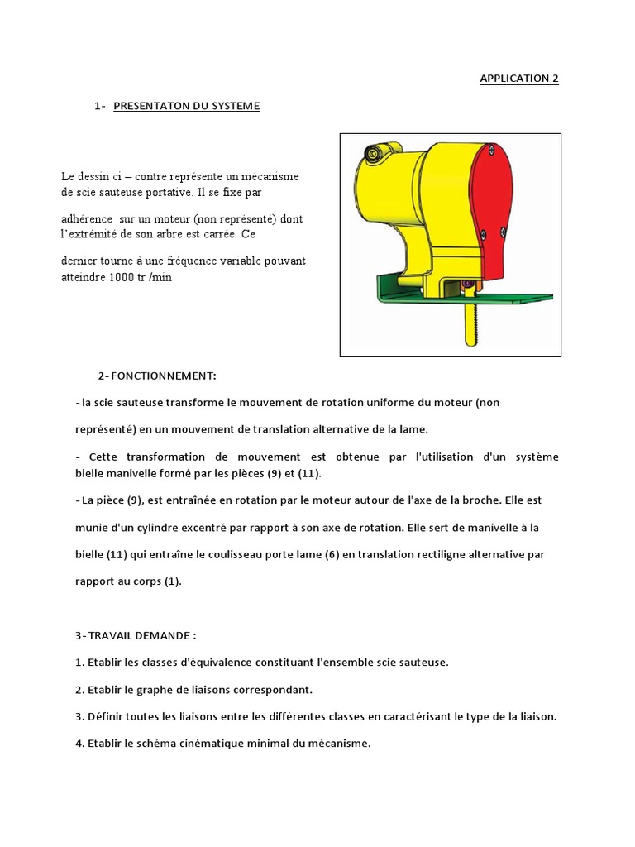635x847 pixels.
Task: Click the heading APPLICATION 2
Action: (x=519, y=79)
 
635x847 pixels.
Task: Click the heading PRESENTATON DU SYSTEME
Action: (x=187, y=106)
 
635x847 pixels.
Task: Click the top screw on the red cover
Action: (x=491, y=150)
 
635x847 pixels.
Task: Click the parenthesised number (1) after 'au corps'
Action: (x=167, y=581)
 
